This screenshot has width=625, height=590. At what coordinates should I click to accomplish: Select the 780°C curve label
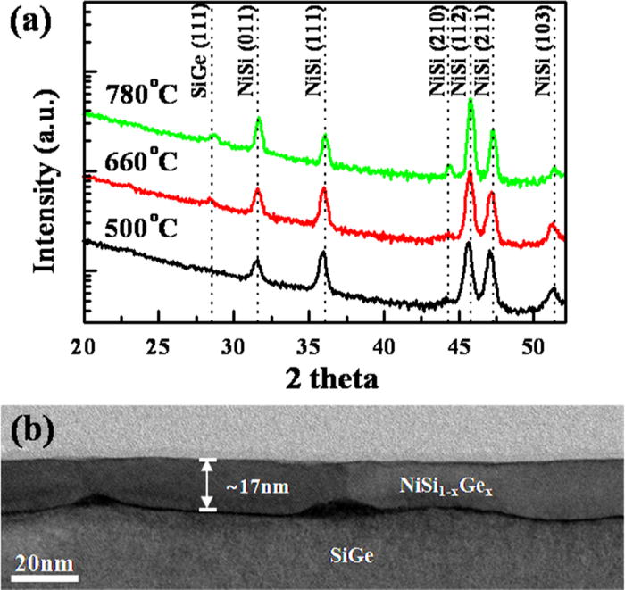pos(137,95)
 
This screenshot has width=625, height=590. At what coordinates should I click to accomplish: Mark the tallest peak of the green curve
pos(471,101)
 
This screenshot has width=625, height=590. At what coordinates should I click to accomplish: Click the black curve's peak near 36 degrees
pos(322,254)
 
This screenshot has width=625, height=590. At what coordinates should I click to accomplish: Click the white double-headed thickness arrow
pos(208,485)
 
